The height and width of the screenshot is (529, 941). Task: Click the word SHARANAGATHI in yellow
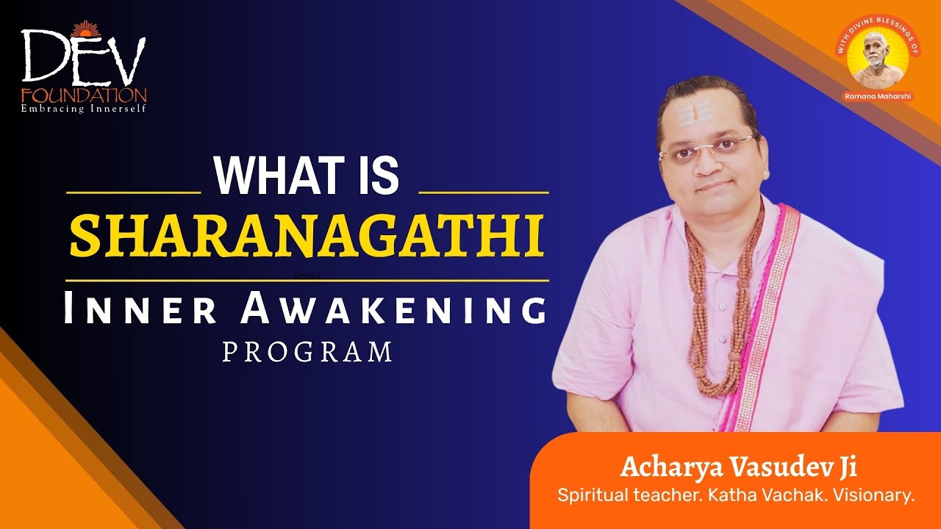[x=307, y=235]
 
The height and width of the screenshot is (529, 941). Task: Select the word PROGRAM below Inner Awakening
[x=307, y=352]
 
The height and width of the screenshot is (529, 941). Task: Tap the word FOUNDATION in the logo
[x=83, y=96]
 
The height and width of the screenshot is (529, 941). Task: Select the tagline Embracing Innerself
[x=83, y=109]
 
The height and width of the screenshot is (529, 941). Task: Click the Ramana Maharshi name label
[x=879, y=96]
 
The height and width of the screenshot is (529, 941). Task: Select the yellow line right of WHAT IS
[x=483, y=192]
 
